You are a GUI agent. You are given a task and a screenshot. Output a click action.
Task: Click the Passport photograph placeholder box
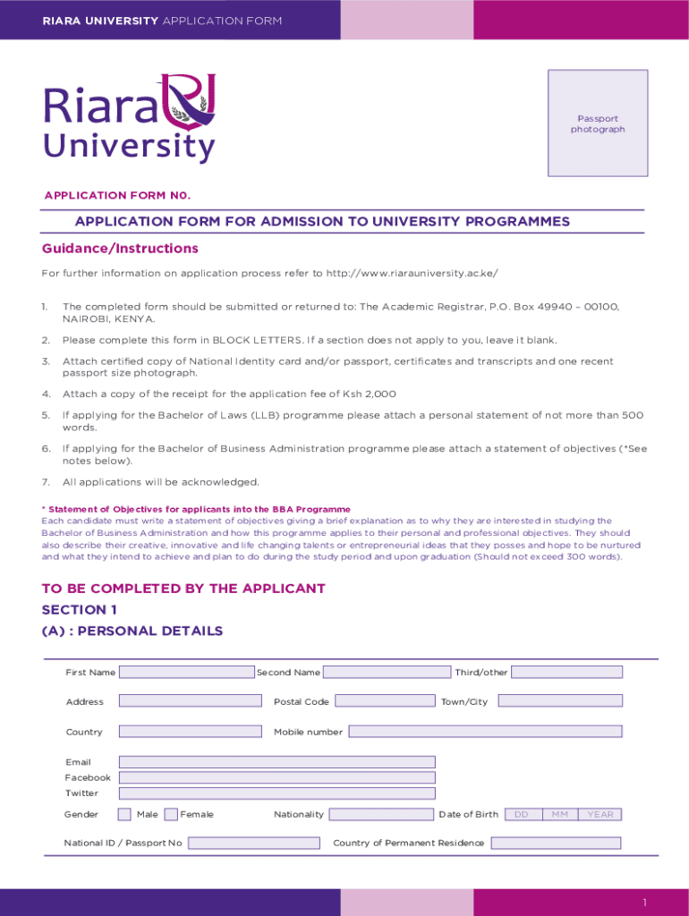click(598, 123)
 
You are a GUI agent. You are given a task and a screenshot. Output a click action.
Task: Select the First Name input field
click(186, 672)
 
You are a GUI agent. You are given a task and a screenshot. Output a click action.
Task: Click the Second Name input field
click(387, 672)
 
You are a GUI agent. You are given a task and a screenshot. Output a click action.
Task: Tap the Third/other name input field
click(566, 672)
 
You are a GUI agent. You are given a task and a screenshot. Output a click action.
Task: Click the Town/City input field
click(559, 701)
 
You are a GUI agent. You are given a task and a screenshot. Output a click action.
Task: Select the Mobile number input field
click(485, 732)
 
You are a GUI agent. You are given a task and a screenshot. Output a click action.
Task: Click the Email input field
click(276, 762)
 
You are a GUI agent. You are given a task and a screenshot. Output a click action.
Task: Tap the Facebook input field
click(276, 777)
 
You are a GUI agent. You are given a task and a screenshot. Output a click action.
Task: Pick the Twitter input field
click(276, 793)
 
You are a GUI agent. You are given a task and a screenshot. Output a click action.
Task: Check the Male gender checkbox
click(124, 814)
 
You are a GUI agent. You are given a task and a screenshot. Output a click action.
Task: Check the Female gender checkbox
click(172, 814)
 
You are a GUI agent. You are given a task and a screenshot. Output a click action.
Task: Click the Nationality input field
click(380, 814)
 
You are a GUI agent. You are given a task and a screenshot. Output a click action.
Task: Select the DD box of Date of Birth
click(522, 814)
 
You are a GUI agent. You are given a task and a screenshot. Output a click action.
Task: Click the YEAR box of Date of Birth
click(600, 814)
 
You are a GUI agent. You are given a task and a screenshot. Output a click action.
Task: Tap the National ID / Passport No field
click(253, 843)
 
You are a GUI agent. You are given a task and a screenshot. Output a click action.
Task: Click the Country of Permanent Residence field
click(556, 843)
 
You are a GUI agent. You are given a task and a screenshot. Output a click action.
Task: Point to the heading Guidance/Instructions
click(120, 249)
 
